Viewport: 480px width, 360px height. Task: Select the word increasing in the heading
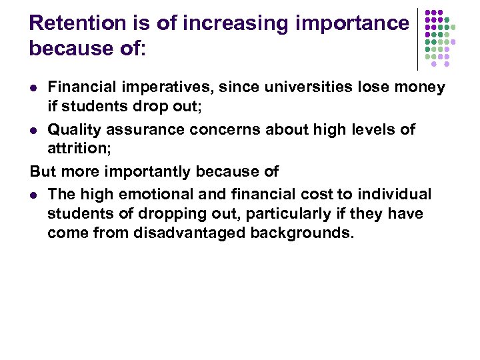coord(233,23)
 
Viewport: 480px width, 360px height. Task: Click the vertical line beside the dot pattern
coord(418,39)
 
